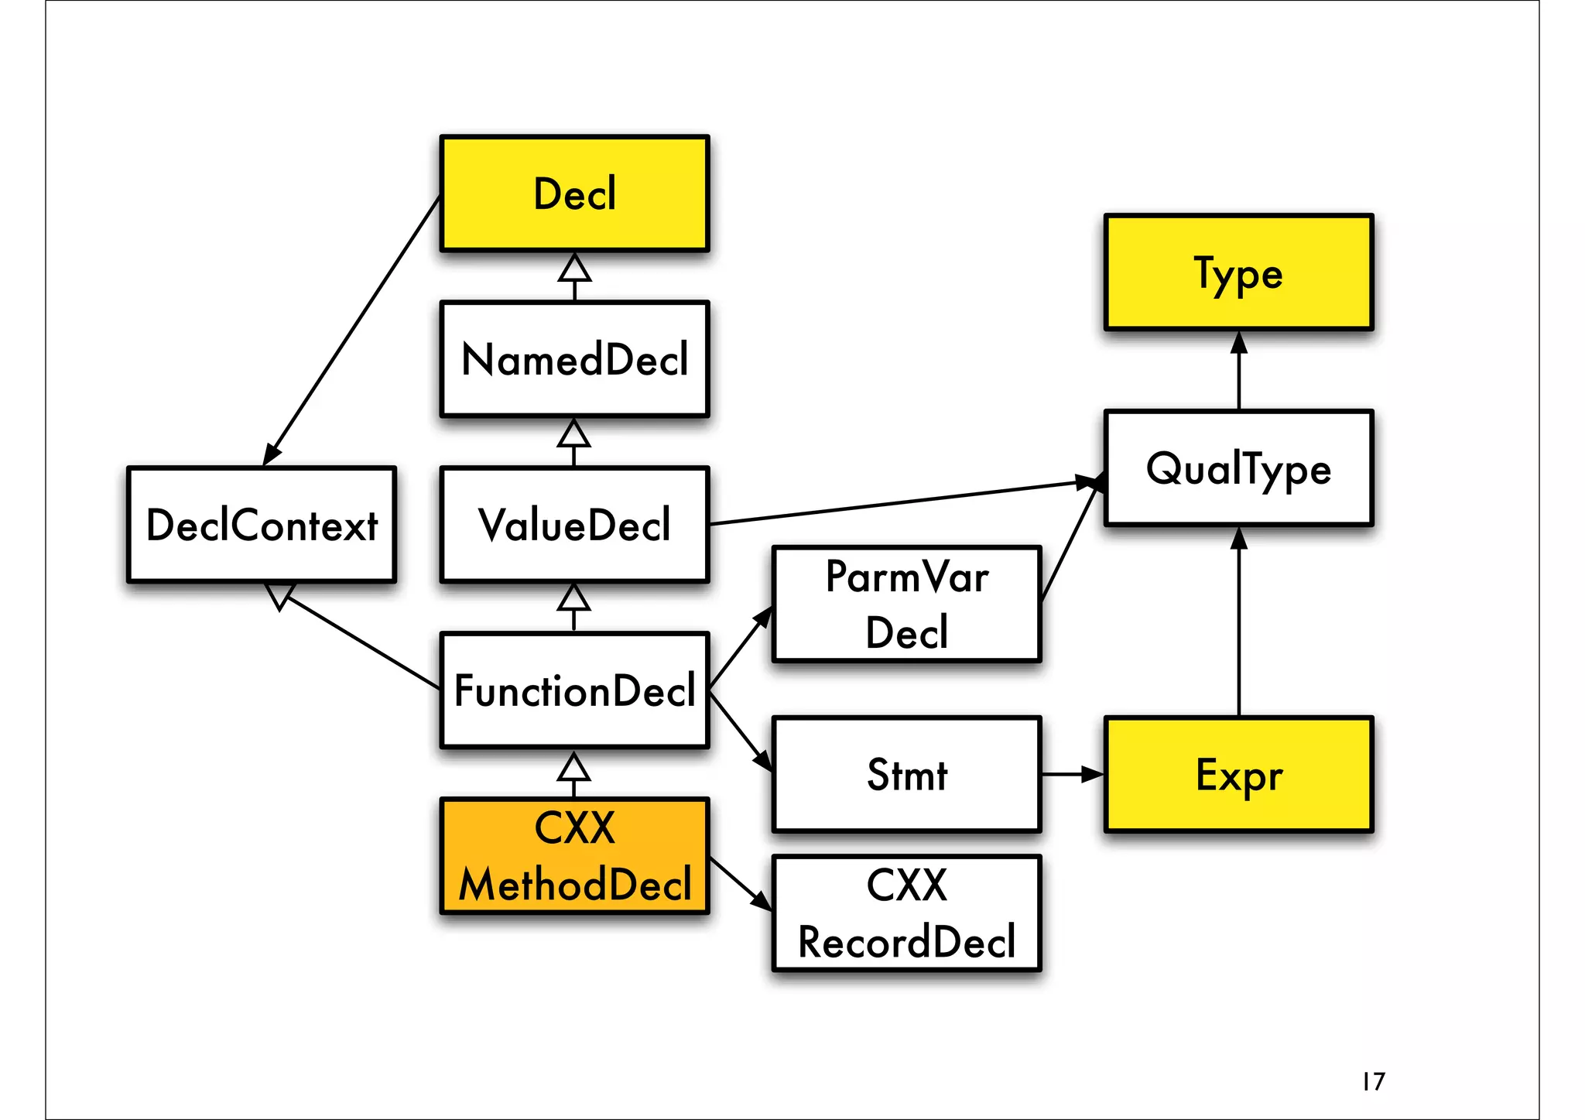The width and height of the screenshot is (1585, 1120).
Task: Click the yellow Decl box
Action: pos(574,194)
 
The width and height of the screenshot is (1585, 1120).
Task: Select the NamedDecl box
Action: pos(574,359)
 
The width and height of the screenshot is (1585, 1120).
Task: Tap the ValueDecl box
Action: pos(574,525)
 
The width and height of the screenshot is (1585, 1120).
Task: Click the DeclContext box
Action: pos(262,525)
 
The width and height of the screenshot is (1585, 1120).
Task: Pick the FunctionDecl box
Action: pos(574,690)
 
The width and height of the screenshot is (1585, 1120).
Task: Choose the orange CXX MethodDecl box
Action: pos(574,856)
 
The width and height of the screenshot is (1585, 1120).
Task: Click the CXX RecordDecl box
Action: pos(906,913)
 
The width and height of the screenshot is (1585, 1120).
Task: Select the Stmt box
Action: pos(906,774)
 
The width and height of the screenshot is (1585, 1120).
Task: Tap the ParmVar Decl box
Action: pos(906,605)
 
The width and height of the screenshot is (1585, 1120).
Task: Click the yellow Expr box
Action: pos(1238,774)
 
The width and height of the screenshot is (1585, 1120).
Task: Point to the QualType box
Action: pos(1238,468)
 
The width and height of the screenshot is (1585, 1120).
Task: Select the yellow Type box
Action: pos(1238,272)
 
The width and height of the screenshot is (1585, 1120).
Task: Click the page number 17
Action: pos(1374,1081)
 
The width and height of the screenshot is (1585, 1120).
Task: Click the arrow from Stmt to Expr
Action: pos(1072,774)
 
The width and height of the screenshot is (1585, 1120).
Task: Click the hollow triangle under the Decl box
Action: pos(574,269)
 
